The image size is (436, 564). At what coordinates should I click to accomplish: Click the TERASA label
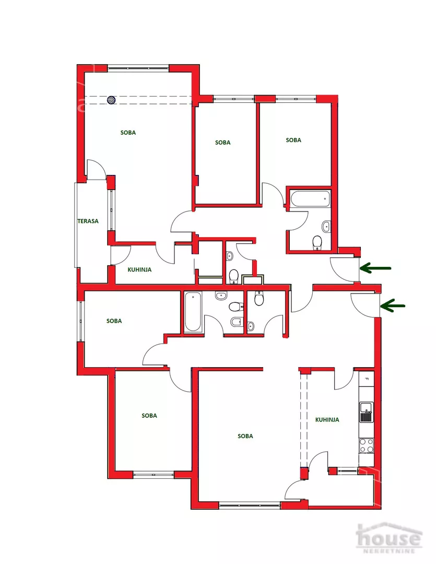(x=88, y=221)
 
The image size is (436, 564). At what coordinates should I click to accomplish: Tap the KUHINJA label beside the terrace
(x=139, y=269)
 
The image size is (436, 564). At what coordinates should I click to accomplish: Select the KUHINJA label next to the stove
(x=327, y=419)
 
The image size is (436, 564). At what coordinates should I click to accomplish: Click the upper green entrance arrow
(x=375, y=268)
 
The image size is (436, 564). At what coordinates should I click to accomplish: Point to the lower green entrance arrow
(x=393, y=305)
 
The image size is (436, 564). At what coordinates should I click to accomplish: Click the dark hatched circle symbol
(x=112, y=100)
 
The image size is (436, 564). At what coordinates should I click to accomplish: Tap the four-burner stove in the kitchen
(x=366, y=445)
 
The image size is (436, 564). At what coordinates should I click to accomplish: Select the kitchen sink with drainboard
(x=366, y=412)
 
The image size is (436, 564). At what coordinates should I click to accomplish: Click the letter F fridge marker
(x=367, y=379)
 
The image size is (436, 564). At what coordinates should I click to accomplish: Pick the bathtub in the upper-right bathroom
(x=310, y=198)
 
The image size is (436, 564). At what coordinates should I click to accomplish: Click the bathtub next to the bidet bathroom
(x=193, y=311)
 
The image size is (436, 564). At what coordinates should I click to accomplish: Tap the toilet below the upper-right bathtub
(x=317, y=242)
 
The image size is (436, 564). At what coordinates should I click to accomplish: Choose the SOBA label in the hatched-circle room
(x=128, y=133)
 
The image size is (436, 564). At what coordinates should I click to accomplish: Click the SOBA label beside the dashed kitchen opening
(x=245, y=436)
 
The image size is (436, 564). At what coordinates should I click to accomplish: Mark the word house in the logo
(x=388, y=538)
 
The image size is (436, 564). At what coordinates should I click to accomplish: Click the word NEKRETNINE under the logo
(x=389, y=551)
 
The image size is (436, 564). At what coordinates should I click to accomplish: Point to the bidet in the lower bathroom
(x=236, y=321)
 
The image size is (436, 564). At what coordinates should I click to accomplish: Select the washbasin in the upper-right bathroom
(x=326, y=226)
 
